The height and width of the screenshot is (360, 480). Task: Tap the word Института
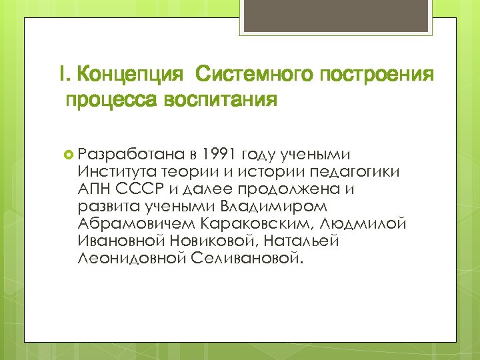point(115,172)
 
